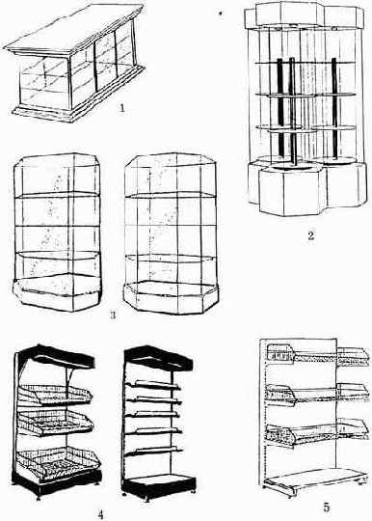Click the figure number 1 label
pyautogui.click(x=122, y=108)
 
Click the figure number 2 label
pyautogui.click(x=310, y=235)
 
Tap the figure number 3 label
pyautogui.click(x=113, y=315)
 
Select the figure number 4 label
pyautogui.click(x=101, y=514)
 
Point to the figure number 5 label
pyautogui.click(x=327, y=507)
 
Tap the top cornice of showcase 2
pyautogui.click(x=304, y=14)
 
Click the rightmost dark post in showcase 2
pyautogui.click(x=334, y=106)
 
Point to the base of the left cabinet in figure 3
pyautogui.click(x=57, y=292)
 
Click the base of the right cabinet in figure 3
pyautogui.click(x=171, y=297)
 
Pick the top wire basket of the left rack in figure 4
pyautogui.click(x=55, y=395)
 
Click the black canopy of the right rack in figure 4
pyautogui.click(x=159, y=358)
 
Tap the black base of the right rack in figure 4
pyautogui.click(x=159, y=485)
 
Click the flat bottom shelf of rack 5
pyautogui.click(x=315, y=480)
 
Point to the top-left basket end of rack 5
pyautogui.click(x=280, y=353)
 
